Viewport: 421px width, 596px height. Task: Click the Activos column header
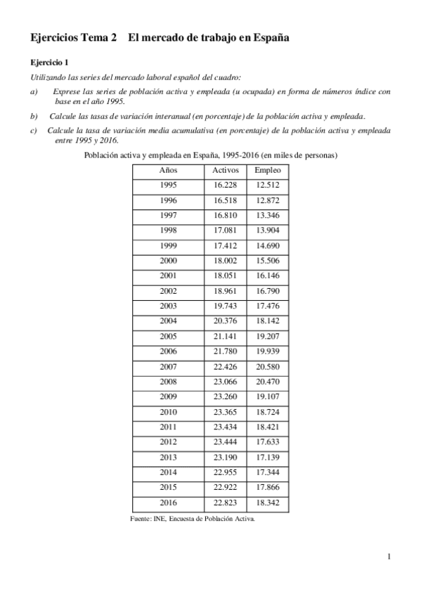[x=226, y=170]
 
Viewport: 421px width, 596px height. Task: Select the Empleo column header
[x=268, y=170]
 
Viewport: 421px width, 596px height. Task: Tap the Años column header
[x=169, y=170]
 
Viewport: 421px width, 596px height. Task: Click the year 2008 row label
[x=169, y=382]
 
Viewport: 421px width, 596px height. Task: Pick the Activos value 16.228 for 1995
[x=226, y=185]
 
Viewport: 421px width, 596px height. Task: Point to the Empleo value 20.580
[x=268, y=366]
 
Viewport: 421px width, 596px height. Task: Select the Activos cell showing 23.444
[x=226, y=442]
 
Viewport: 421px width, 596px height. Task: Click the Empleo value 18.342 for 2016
[x=268, y=503]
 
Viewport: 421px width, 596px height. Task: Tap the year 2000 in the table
[x=169, y=261]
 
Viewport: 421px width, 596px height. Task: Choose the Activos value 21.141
[x=226, y=336]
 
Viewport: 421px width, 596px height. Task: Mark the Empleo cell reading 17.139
[x=268, y=457]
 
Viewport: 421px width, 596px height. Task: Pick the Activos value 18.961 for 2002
[x=226, y=290]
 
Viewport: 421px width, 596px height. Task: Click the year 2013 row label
[x=169, y=457]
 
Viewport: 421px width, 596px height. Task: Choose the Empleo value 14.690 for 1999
[x=268, y=245]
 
